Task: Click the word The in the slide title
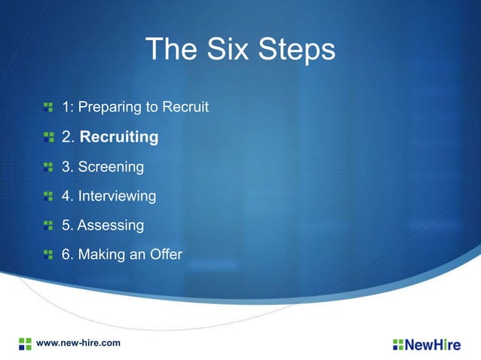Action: coord(170,50)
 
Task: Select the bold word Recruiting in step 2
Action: coord(119,138)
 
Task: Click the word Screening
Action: coord(110,166)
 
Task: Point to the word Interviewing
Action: coord(117,197)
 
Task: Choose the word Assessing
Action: coord(110,225)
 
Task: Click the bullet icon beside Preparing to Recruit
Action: coord(48,108)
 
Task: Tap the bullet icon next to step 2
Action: coord(48,137)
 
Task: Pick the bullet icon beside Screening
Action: coord(48,166)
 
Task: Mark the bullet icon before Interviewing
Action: coord(48,196)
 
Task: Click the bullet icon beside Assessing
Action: coord(48,225)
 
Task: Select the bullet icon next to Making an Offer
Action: coord(48,255)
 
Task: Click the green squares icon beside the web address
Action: coord(25,343)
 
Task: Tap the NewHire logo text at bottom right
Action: coord(434,345)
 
